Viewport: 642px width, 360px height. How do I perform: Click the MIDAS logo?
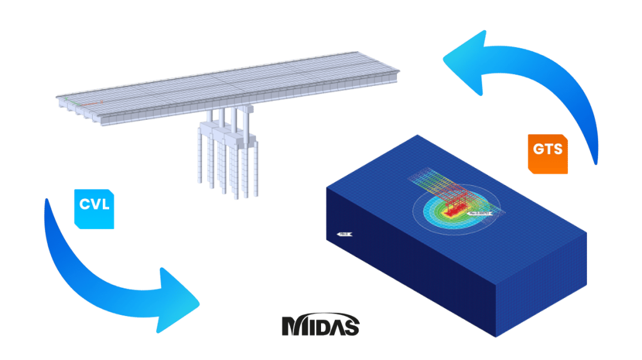click(320, 326)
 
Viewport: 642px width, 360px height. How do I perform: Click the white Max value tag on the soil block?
click(478, 213)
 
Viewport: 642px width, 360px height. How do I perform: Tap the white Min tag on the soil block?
click(345, 235)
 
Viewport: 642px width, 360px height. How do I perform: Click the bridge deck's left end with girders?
click(75, 107)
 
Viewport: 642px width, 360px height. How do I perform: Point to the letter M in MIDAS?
click(292, 326)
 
